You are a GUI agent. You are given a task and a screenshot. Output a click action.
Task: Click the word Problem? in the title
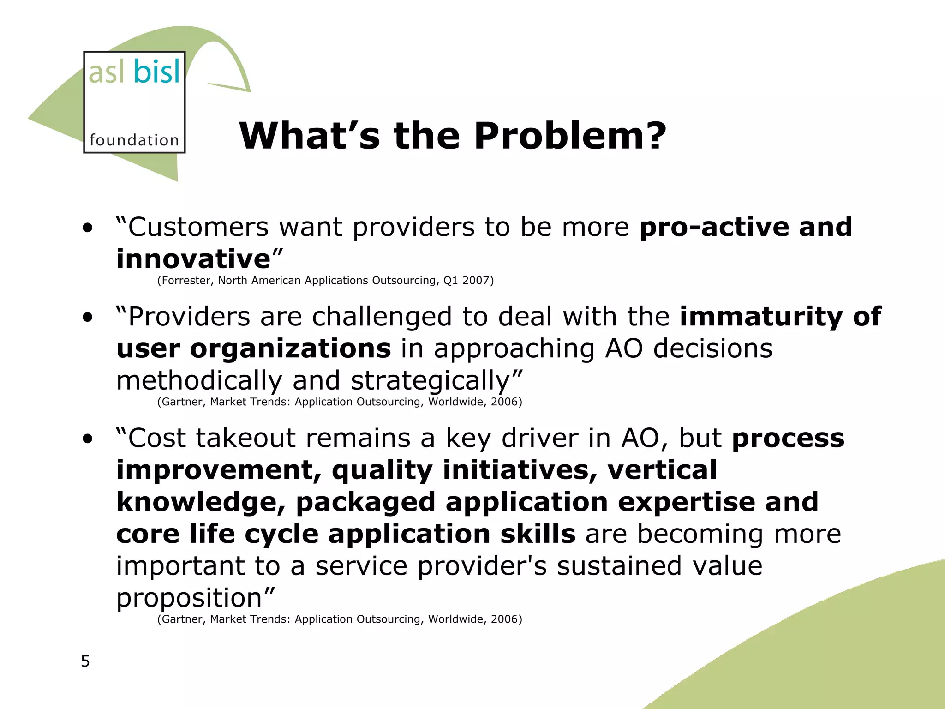point(570,136)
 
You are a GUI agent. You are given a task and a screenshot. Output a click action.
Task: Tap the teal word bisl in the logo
point(157,72)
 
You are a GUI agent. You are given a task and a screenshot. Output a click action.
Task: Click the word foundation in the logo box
point(134,140)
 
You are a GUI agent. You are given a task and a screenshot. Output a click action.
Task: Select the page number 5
point(85,661)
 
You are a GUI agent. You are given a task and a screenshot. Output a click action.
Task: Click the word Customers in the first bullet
point(198,227)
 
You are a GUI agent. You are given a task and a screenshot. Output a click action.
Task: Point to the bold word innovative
point(193,258)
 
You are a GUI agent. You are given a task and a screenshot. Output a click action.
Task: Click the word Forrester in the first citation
point(186,281)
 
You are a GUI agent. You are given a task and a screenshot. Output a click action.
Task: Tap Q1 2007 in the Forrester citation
point(467,281)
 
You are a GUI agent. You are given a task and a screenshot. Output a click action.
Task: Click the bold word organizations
point(291,348)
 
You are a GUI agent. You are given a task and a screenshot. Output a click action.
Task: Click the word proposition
point(189,599)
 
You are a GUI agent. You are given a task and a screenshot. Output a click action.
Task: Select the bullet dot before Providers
point(87,318)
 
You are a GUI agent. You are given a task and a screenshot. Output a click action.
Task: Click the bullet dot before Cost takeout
point(87,439)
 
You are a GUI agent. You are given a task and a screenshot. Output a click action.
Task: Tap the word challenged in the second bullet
point(382,317)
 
